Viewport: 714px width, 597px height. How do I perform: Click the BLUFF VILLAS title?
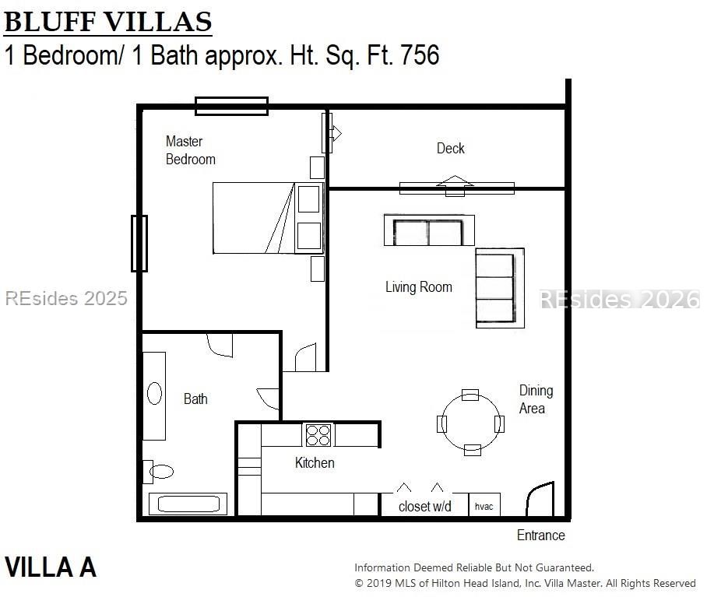coord(108,22)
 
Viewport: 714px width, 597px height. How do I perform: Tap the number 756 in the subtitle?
coord(420,54)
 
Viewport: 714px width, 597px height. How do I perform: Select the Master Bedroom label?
coord(190,150)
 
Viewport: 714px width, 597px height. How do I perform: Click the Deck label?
coord(450,149)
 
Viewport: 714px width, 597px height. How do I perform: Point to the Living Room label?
coord(418,287)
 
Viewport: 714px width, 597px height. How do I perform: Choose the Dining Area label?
coord(536,399)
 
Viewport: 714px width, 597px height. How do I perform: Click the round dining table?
coord(471,423)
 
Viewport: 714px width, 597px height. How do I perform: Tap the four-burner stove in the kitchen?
coord(318,434)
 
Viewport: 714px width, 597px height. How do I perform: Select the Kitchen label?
coord(315,463)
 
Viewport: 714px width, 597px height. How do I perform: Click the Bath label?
coord(195,399)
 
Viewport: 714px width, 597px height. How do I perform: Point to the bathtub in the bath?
coord(188,504)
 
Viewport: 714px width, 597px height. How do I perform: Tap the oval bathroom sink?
coord(154,394)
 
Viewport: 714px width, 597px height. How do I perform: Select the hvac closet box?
coord(484,504)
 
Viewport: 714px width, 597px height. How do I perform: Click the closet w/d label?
coord(425,507)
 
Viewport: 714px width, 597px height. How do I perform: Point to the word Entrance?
coord(540,535)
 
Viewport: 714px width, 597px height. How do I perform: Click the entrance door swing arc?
coord(536,490)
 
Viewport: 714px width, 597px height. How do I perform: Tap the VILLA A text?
coord(51,567)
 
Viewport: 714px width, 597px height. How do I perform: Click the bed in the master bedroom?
coord(268,218)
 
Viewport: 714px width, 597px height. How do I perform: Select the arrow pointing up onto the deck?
coord(455,186)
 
